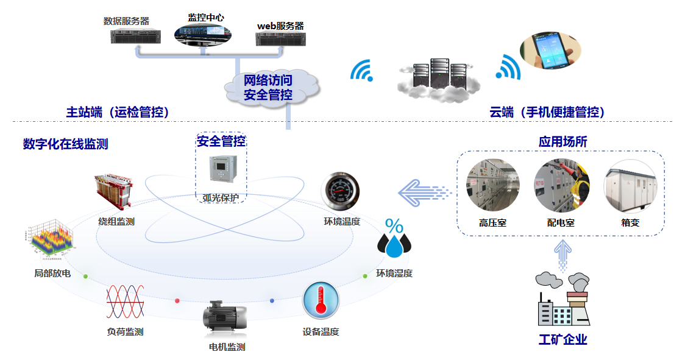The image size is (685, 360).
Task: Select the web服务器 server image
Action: [x=280, y=39]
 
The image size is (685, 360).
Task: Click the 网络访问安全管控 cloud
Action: [x=269, y=87]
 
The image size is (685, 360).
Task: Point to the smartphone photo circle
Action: [x=550, y=50]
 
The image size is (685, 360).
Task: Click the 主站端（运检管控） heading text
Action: [x=117, y=112]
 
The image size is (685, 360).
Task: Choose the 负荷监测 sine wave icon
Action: [x=125, y=302]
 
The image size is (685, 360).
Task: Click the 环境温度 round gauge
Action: [x=341, y=191]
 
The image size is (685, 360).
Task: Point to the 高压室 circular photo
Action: [x=493, y=186]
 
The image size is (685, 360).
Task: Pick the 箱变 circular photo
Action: [x=630, y=186]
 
